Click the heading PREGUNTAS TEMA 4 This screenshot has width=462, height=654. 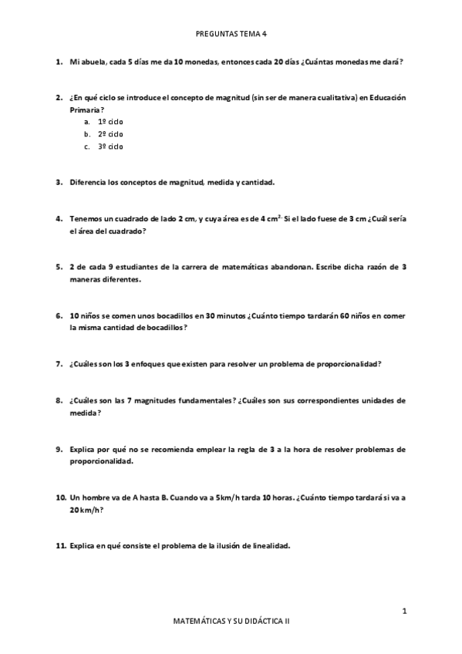231,34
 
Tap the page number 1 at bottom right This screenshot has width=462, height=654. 404,611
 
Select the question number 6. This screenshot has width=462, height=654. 59,315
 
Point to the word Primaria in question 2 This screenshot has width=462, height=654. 84,110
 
